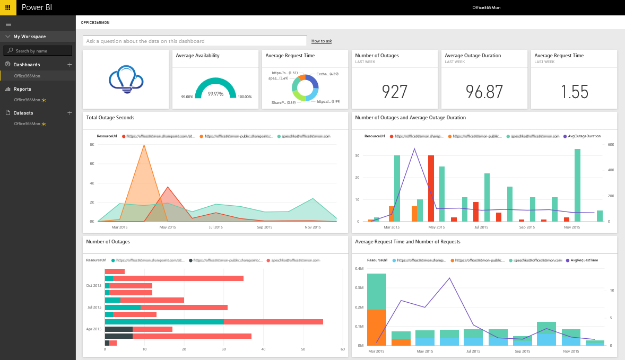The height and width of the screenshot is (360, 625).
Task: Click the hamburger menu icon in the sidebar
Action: click(8, 24)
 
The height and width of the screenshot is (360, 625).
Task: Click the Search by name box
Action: click(38, 51)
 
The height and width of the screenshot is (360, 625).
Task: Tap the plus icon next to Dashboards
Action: click(70, 64)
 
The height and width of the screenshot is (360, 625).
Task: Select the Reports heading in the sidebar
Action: click(22, 89)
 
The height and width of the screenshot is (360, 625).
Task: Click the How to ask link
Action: click(322, 41)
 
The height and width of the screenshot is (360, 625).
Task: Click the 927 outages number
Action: click(395, 92)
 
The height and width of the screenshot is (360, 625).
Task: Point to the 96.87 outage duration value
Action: click(484, 92)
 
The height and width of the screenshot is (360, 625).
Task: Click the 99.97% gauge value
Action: click(215, 94)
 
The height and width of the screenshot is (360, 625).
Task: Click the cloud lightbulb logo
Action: click(126, 80)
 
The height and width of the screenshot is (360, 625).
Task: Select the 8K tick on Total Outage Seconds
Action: click(92, 144)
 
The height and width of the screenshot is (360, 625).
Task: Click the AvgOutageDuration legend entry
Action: click(584, 136)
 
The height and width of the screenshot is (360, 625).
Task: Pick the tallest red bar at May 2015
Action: click(431, 188)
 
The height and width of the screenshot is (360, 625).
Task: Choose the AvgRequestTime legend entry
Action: click(584, 260)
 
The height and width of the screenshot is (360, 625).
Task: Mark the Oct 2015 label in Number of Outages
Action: click(93, 285)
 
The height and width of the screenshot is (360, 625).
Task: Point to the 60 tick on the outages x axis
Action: click(343, 349)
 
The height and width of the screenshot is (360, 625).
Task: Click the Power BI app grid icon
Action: click(7, 7)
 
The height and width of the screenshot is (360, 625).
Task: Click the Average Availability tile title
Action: click(197, 56)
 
